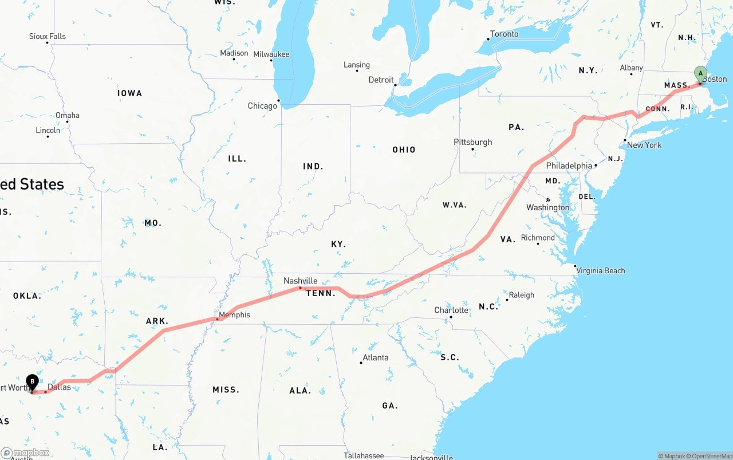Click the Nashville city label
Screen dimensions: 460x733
[x=300, y=281]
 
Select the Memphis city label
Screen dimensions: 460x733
[x=234, y=314]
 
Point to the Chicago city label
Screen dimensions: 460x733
[x=262, y=106]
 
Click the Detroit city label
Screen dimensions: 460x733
[x=381, y=80]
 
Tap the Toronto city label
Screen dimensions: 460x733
[x=504, y=34]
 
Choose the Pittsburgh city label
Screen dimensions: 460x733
[x=472, y=142]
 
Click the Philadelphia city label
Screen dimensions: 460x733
[x=569, y=166]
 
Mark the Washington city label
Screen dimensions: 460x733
[x=547, y=207]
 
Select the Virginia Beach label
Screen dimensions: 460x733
[x=600, y=270]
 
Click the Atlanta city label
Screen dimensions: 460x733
[x=375, y=357]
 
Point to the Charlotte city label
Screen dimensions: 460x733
[x=451, y=310]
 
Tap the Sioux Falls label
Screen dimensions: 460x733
[x=48, y=36]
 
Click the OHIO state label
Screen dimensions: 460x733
[x=404, y=150]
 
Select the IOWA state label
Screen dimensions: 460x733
[x=129, y=93]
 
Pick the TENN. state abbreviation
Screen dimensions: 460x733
[x=321, y=293]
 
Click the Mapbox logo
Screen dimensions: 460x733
[x=26, y=453]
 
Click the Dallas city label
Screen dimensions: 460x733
[x=59, y=387]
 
